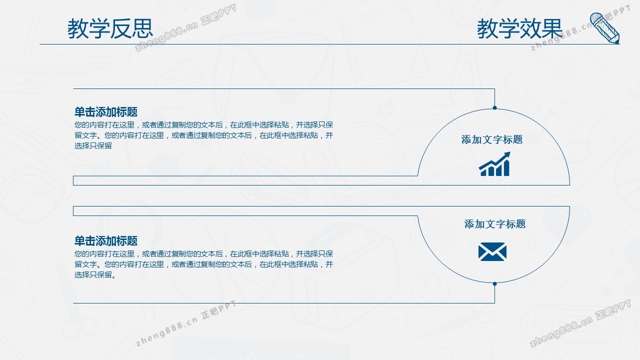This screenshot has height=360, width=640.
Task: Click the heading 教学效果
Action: pyautogui.click(x=520, y=28)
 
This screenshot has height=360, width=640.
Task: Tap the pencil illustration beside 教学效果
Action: pyautogui.click(x=605, y=28)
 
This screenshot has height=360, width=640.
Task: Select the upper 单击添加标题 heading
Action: pyautogui.click(x=106, y=112)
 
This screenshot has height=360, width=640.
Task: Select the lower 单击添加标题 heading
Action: pyautogui.click(x=106, y=241)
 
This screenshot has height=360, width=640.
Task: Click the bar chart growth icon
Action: pyautogui.click(x=494, y=164)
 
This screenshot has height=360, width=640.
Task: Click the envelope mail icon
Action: pyautogui.click(x=492, y=251)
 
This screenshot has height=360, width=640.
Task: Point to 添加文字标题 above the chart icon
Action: pyautogui.click(x=492, y=139)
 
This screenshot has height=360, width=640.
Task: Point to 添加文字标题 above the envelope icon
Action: pyautogui.click(x=495, y=224)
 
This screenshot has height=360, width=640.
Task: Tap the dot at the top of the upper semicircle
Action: pyautogui.click(x=494, y=107)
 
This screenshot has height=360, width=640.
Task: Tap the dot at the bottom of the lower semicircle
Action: pyautogui.click(x=494, y=283)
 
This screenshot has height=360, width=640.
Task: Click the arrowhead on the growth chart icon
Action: pyautogui.click(x=506, y=155)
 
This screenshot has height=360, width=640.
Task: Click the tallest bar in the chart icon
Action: pyautogui.click(x=506, y=168)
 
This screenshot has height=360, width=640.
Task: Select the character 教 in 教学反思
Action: pyautogui.click(x=78, y=28)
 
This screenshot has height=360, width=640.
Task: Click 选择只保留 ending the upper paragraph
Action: pyautogui.click(x=93, y=145)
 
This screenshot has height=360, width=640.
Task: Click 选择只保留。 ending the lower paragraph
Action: pyautogui.click(x=95, y=275)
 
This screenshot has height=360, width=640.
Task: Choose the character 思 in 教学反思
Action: pyautogui.click(x=142, y=28)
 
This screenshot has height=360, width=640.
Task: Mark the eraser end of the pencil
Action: pyautogui.click(x=595, y=17)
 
